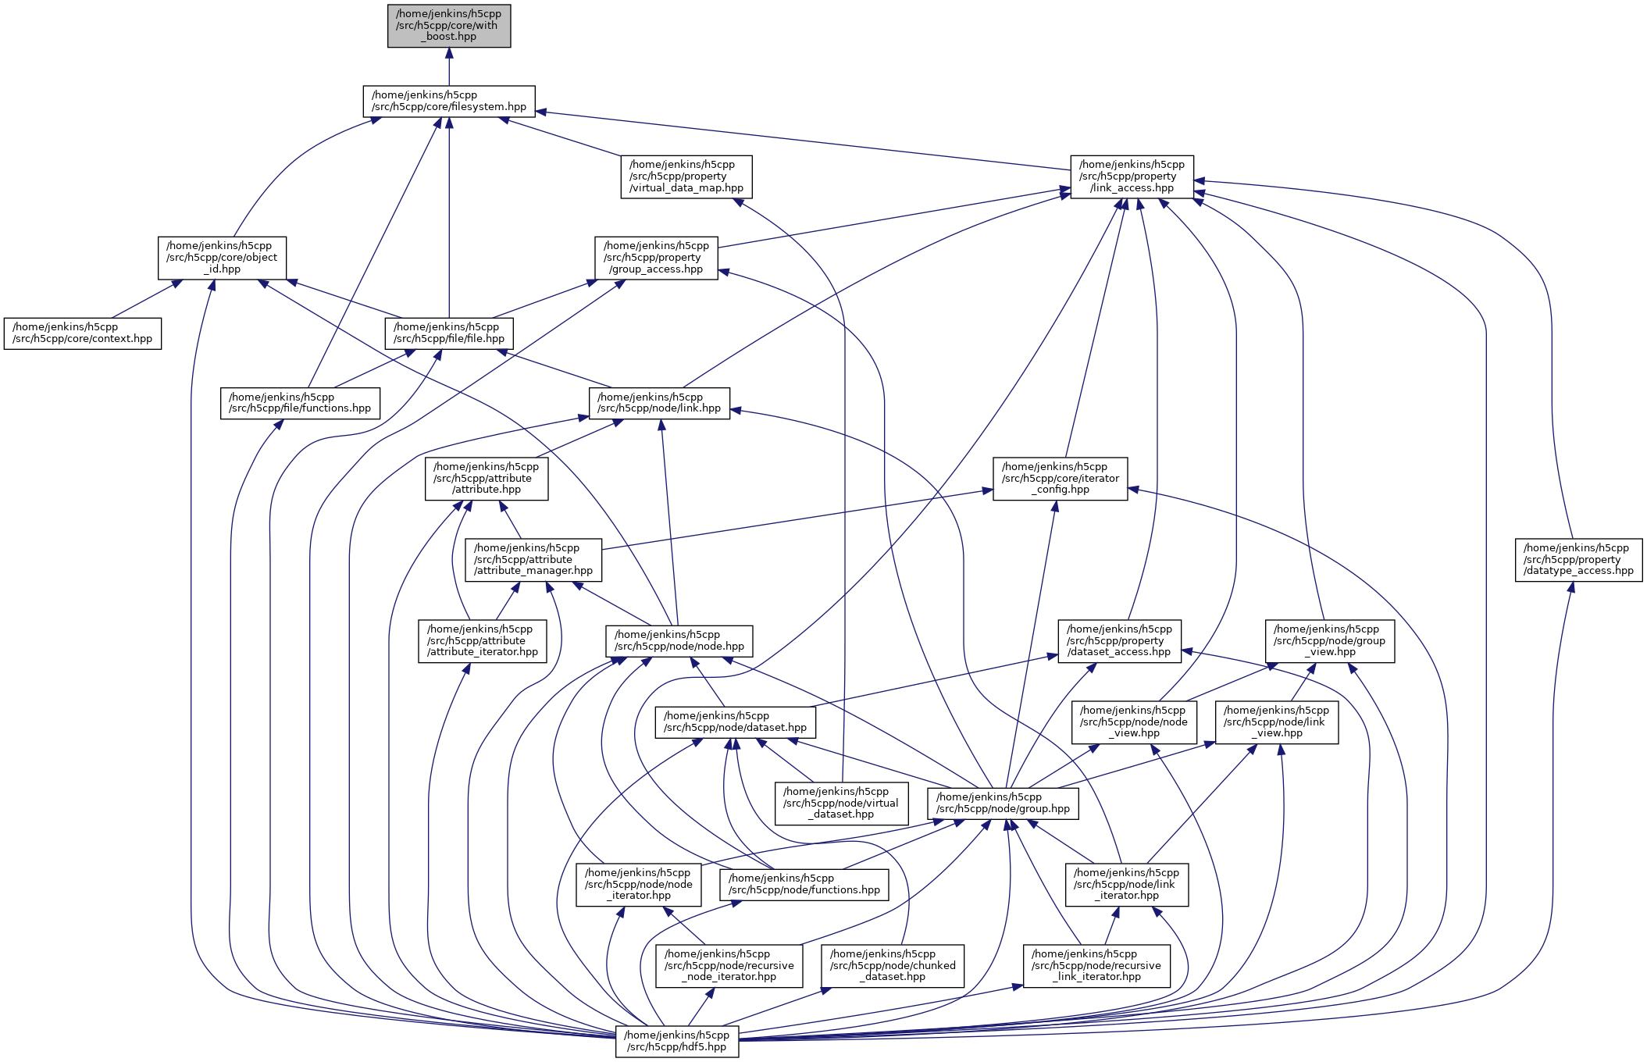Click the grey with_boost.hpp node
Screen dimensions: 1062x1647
click(449, 26)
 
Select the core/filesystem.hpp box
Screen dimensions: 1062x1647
click(449, 102)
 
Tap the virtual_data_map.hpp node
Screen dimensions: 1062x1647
click(686, 176)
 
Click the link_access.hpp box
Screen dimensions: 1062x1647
click(1132, 176)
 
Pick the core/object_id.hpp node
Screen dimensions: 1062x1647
click(222, 258)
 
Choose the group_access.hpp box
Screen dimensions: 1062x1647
click(656, 258)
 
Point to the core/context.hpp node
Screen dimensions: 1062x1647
click(83, 333)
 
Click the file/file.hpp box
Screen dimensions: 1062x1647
click(449, 333)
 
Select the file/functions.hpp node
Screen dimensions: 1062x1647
click(300, 403)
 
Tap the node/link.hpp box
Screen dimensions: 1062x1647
click(659, 403)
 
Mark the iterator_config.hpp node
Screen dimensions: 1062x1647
click(1060, 479)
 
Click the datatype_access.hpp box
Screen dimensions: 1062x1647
click(1578, 560)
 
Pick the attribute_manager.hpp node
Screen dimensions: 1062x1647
click(533, 560)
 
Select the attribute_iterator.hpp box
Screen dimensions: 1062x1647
click(483, 641)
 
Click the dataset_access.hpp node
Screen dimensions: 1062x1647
click(1119, 641)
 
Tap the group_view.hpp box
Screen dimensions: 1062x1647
click(1330, 641)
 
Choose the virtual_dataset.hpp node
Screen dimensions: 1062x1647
click(842, 804)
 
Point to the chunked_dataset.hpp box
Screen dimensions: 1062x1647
click(893, 966)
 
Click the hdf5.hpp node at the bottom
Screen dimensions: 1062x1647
click(677, 1042)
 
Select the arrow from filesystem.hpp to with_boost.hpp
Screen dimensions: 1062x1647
click(449, 67)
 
